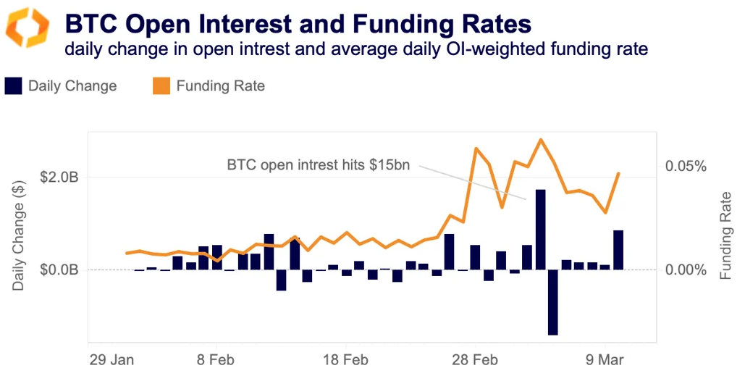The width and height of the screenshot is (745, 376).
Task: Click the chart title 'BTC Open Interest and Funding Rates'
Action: coord(298,24)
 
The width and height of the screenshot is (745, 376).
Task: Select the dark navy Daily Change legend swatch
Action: coord(14,86)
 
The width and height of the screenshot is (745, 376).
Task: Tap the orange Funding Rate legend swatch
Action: coord(161,86)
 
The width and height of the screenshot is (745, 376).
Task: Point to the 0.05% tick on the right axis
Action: coord(685,167)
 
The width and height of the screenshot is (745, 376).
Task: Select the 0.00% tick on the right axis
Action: coord(685,270)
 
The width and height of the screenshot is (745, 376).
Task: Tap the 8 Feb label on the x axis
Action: coord(216,359)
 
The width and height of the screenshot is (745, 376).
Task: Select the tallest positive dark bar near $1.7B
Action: coord(540,229)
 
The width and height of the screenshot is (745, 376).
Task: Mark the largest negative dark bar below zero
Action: coord(553,302)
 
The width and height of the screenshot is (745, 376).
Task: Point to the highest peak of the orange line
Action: coord(540,139)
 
